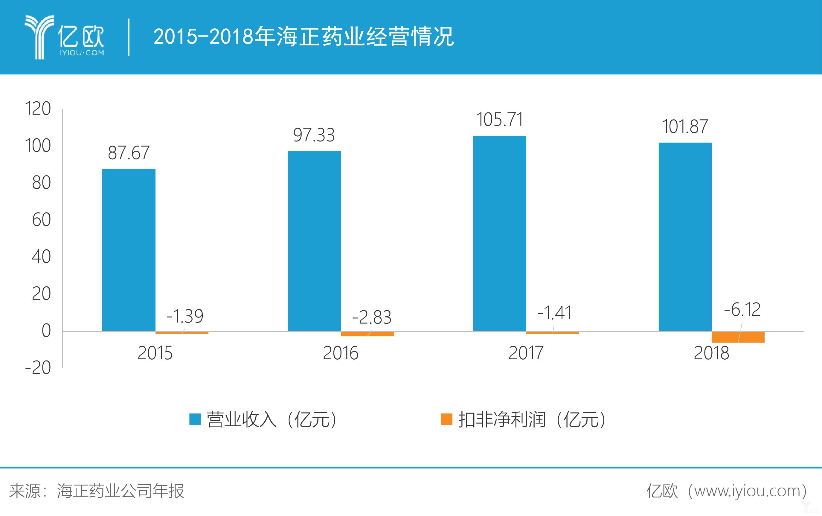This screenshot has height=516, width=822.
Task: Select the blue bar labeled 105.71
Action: pyautogui.click(x=499, y=233)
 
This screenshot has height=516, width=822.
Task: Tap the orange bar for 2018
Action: pyautogui.click(x=738, y=337)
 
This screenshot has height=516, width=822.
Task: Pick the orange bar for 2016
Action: pyautogui.click(x=367, y=334)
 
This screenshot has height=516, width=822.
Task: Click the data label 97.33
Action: pyautogui.click(x=314, y=135)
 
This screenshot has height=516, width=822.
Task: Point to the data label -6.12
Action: pyautogui.click(x=742, y=310)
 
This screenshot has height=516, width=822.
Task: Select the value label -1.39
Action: pyautogui.click(x=185, y=316)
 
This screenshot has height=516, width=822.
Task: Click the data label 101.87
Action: pyautogui.click(x=684, y=127)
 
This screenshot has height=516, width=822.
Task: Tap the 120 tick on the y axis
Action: pyautogui.click(x=38, y=109)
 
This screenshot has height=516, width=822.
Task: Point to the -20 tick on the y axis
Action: pyautogui.click(x=38, y=368)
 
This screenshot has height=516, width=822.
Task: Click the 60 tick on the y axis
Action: pyautogui.click(x=41, y=220)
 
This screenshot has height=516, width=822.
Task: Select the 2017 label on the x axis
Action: pyautogui.click(x=525, y=353)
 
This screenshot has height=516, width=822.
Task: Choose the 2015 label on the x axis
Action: pyautogui.click(x=155, y=353)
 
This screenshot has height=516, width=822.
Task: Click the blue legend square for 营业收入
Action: pyautogui.click(x=195, y=419)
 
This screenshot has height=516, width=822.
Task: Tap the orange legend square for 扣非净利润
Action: pyautogui.click(x=446, y=419)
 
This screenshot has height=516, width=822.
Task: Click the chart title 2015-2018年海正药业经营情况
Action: pyautogui.click(x=304, y=36)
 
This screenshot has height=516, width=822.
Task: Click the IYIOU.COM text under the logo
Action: pyautogui.click(x=82, y=53)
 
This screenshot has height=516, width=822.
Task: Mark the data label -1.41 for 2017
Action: pyautogui.click(x=554, y=313)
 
